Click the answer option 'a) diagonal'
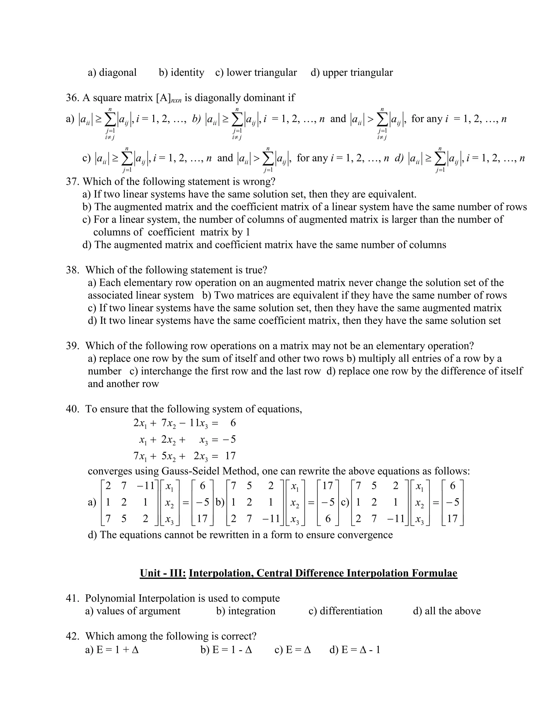point(112,72)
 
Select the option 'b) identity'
point(182,72)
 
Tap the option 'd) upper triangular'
point(352,72)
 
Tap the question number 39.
point(72,346)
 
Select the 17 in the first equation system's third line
point(230,456)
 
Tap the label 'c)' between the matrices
point(345,502)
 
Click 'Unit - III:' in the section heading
point(163,573)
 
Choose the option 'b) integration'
point(246,611)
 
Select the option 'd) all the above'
point(447,611)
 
